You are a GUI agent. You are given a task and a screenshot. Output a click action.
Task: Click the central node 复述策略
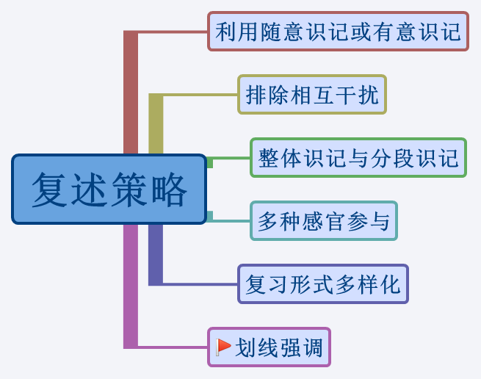(x=109, y=189)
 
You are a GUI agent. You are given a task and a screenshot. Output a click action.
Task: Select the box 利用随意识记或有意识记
(x=338, y=32)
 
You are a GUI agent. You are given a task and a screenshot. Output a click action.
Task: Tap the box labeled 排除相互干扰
(x=312, y=95)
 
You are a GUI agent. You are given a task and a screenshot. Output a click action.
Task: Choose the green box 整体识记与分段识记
(x=358, y=158)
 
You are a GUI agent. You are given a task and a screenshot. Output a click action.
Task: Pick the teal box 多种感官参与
(x=323, y=221)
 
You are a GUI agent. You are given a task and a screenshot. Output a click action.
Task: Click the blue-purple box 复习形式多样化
(x=322, y=284)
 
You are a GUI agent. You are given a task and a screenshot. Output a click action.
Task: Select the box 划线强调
(x=269, y=347)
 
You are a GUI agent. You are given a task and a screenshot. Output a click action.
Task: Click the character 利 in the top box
(x=225, y=32)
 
